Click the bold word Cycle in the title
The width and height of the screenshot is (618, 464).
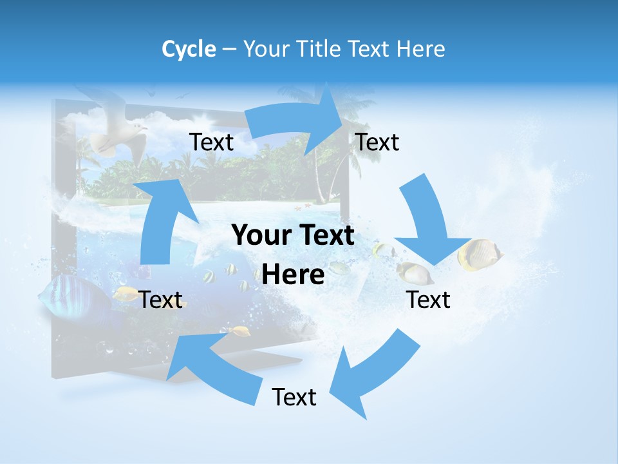tap(189, 49)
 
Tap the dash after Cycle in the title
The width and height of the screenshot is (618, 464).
tap(229, 50)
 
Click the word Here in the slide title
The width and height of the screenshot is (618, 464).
tap(422, 49)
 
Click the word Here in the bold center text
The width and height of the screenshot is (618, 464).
tap(293, 275)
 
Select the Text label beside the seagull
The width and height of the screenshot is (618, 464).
tap(212, 142)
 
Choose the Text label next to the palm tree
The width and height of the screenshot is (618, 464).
tap(377, 142)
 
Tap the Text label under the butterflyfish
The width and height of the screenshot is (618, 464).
tap(429, 300)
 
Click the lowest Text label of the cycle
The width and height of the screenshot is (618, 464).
tap(294, 398)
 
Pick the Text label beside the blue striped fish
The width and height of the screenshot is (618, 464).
tap(161, 300)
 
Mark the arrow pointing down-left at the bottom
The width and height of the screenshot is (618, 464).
tap(373, 374)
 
